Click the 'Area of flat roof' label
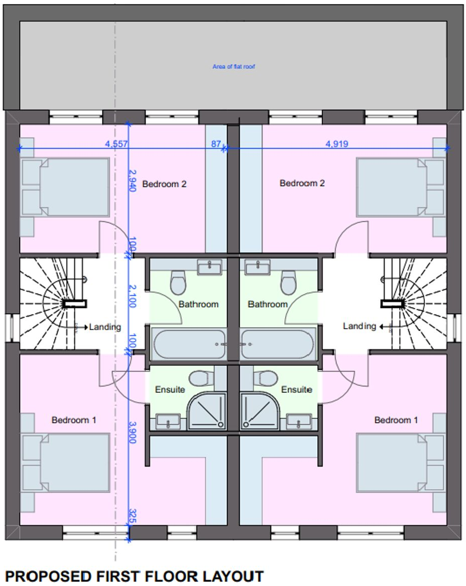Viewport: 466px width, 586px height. pos(234,66)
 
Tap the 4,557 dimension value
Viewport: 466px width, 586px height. pos(117,144)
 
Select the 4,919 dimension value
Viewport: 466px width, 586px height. pos(337,144)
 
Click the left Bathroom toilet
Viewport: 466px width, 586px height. pos(178,282)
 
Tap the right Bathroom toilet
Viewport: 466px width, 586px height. pos(288,282)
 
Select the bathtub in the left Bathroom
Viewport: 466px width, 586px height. pos(189,344)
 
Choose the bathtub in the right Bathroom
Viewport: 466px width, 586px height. pos(278,344)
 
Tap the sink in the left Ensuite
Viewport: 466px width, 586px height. pos(168,421)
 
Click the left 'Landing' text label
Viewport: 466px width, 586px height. pos(105,327)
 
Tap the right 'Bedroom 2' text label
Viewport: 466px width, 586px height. pos(302,184)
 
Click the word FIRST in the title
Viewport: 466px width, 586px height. pos(120,576)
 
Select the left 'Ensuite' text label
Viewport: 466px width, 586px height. pos(170,389)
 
